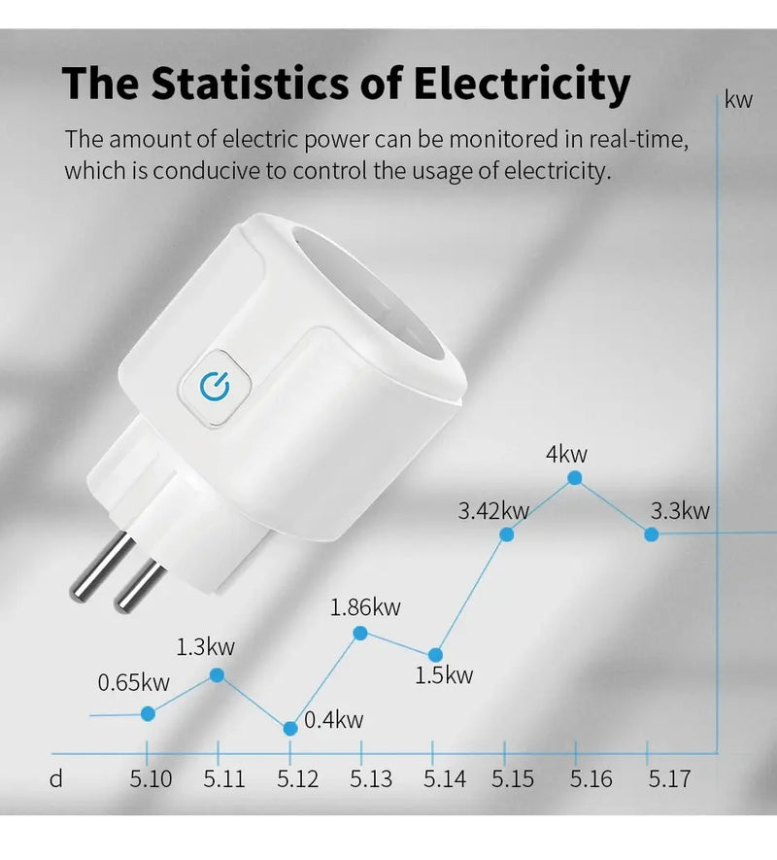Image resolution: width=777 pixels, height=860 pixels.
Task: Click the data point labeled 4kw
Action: pyautogui.click(x=575, y=478)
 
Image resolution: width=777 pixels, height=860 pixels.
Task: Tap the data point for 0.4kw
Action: pyautogui.click(x=289, y=728)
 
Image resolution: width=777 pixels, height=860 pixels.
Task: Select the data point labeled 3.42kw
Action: pyautogui.click(x=506, y=533)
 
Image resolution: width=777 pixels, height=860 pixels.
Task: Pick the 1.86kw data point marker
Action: pyautogui.click(x=360, y=633)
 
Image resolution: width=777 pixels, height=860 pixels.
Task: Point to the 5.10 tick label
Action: pyautogui.click(x=151, y=778)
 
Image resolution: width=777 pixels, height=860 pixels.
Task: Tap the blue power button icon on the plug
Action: pyautogui.click(x=214, y=387)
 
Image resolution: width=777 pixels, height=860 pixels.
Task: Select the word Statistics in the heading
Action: pyautogui.click(x=237, y=85)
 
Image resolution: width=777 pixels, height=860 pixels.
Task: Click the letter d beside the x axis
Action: pyautogui.click(x=56, y=778)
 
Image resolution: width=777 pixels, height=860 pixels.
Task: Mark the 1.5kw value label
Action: pyautogui.click(x=444, y=675)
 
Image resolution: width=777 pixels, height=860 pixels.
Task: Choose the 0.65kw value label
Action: pyautogui.click(x=134, y=683)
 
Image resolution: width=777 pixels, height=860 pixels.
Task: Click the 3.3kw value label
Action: pyautogui.click(x=680, y=511)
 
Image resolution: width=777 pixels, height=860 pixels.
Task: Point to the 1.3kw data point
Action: pyautogui.click(x=218, y=674)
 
